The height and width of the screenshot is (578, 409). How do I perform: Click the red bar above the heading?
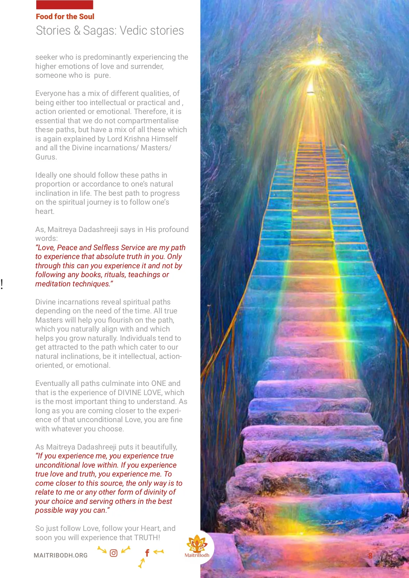pyautogui.click(x=65, y=5)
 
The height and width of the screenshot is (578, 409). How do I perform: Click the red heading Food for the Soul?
pyautogui.click(x=65, y=16)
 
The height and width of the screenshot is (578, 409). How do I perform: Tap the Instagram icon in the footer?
pyautogui.click(x=113, y=553)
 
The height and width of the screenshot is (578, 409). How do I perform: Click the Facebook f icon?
pyautogui.click(x=147, y=553)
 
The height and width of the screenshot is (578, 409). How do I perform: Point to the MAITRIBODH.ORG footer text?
pyautogui.click(x=61, y=555)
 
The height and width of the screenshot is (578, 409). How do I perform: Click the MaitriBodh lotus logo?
pyautogui.click(x=197, y=544)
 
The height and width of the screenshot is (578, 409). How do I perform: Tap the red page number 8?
pyautogui.click(x=370, y=556)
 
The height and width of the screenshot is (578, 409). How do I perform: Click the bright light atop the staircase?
pyautogui.click(x=317, y=62)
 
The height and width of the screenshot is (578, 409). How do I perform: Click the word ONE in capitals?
pyautogui.click(x=159, y=383)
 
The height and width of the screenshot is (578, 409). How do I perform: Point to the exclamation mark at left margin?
pyautogui.click(x=2, y=284)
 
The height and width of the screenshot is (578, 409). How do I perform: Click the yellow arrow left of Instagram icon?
pyautogui.click(x=102, y=550)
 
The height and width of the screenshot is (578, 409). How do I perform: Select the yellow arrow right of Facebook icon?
pyautogui.click(x=159, y=551)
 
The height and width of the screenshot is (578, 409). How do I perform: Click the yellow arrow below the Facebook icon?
pyautogui.click(x=141, y=563)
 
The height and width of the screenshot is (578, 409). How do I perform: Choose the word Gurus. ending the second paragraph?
pyautogui.click(x=46, y=157)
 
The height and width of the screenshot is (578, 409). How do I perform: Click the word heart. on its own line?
pyautogui.click(x=45, y=211)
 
